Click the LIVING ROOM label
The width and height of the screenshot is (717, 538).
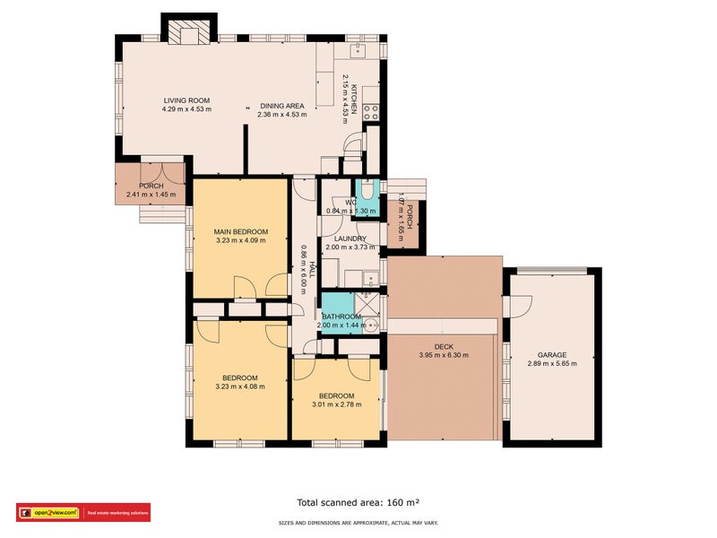click(186, 100)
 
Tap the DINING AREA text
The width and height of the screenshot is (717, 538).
click(281, 106)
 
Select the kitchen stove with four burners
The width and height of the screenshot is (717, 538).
click(372, 114)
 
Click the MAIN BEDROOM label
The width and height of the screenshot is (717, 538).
click(240, 231)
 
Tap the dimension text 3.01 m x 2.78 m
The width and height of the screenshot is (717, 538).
click(337, 405)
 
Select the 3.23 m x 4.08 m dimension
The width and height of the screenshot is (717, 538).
click(240, 387)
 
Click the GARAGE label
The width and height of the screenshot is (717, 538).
click(552, 355)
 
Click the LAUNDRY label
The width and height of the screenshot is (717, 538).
click(344, 239)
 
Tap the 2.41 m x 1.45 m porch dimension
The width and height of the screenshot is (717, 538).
click(151, 195)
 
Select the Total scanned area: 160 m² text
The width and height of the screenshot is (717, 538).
click(358, 502)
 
